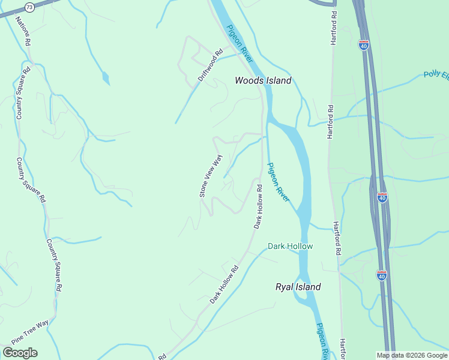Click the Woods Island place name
263,80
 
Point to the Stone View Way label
211,176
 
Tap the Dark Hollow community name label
290,246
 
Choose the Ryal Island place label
298,287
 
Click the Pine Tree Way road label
29,331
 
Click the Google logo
20,353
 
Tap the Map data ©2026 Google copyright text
411,355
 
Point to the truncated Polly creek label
436,75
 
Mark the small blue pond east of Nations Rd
106,78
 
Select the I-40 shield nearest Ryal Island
382,275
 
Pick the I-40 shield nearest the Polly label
364,46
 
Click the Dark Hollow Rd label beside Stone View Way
258,206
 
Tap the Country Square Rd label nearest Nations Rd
22,93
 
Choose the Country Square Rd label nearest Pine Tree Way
55,265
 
